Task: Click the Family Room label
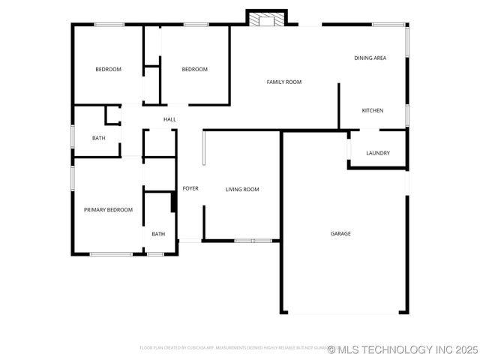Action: pyautogui.click(x=283, y=82)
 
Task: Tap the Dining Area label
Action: pyautogui.click(x=370, y=58)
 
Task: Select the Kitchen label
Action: pyautogui.click(x=372, y=110)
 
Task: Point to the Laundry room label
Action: pyautogui.click(x=377, y=154)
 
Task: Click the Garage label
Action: pyautogui.click(x=340, y=233)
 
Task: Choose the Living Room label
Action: pyautogui.click(x=242, y=189)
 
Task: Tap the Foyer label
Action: pyautogui.click(x=190, y=188)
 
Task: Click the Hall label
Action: pyautogui.click(x=169, y=119)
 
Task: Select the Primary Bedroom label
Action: pyautogui.click(x=108, y=210)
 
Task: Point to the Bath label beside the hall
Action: pyautogui.click(x=98, y=138)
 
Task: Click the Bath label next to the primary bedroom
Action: pyautogui.click(x=158, y=234)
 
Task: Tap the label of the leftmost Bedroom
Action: pyautogui.click(x=108, y=70)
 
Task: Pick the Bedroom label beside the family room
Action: pyautogui.click(x=194, y=70)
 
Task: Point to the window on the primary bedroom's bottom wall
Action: pyautogui.click(x=111, y=254)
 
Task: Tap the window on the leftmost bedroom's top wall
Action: pyautogui.click(x=109, y=25)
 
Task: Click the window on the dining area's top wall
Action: pyautogui.click(x=388, y=25)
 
